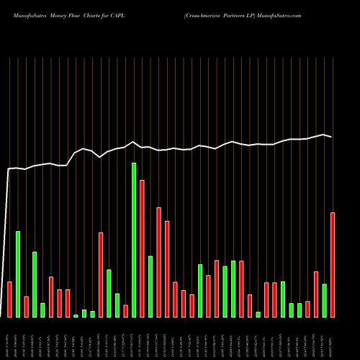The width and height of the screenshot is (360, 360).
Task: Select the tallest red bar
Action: click(142, 248)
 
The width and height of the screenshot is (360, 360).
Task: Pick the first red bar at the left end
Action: click(9, 299)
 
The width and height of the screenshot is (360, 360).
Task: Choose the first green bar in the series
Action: click(18, 274)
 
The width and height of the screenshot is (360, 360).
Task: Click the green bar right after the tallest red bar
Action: click(150, 286)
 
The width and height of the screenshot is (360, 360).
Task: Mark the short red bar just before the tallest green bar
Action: click(125, 310)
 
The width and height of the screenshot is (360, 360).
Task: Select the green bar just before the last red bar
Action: click(325, 300)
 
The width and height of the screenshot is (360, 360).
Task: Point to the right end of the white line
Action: click(332, 137)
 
